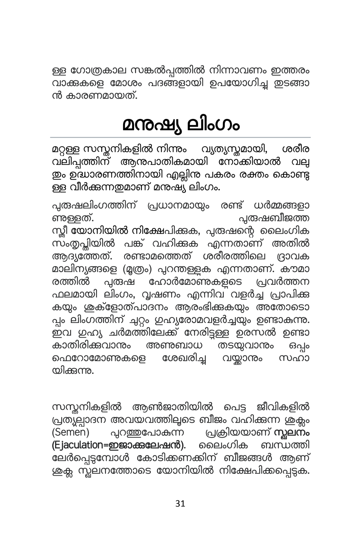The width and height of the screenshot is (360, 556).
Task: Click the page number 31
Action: coord(180,503)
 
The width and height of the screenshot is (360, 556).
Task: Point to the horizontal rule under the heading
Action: coord(180,137)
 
